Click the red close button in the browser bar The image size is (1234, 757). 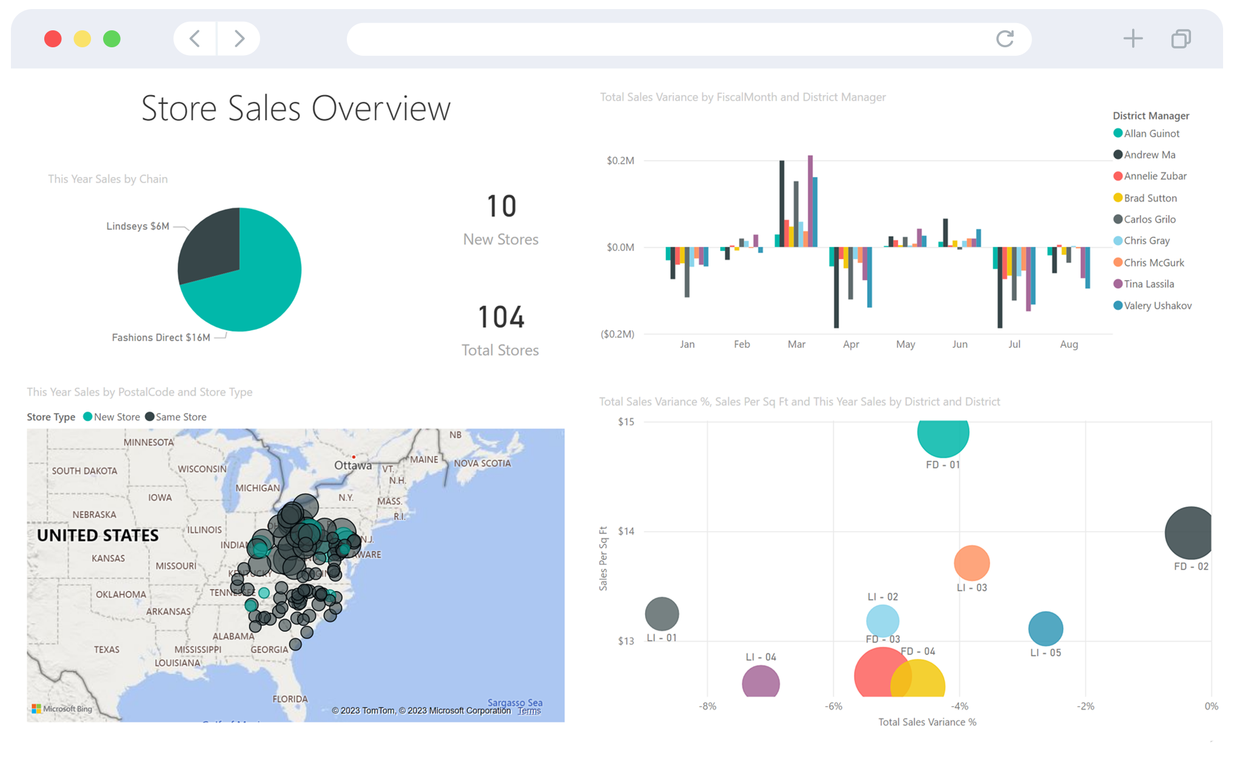53,39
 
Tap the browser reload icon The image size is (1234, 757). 1005,39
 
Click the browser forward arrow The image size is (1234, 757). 240,39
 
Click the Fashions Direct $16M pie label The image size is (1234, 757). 161,338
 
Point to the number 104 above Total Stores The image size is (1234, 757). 501,317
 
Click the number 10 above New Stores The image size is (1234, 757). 501,206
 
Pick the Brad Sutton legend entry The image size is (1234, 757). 1150,198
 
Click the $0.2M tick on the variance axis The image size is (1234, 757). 620,161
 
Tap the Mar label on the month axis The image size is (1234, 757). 796,344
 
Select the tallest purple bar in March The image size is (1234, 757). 810,200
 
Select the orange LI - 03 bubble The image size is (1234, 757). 971,563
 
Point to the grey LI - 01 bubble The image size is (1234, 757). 662,614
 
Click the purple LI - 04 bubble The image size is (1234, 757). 760,682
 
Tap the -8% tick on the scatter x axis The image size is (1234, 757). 708,706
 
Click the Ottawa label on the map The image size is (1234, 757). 353,465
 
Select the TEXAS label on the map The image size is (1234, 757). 107,650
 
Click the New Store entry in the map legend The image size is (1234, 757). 116,417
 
